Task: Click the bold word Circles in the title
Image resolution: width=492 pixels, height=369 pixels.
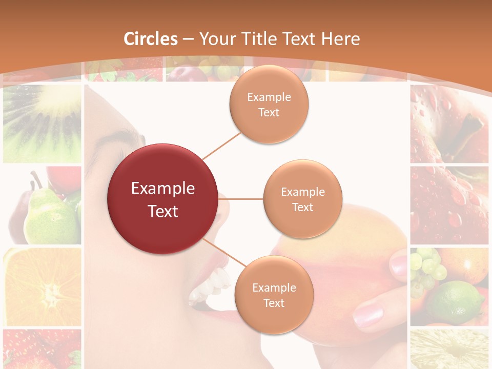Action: click(150, 39)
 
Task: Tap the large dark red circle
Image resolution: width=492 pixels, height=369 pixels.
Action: click(163, 199)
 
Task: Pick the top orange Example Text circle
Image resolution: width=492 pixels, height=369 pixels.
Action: click(269, 105)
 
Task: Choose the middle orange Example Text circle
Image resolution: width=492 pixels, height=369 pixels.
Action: click(303, 199)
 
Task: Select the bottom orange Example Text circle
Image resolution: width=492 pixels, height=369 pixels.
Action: click(274, 295)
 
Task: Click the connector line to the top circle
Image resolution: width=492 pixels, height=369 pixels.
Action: click(221, 146)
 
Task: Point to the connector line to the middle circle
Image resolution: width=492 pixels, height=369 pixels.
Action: click(241, 199)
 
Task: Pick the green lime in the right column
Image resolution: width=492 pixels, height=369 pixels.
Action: click(456, 302)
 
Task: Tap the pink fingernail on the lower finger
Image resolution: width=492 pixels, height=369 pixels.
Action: click(368, 315)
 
